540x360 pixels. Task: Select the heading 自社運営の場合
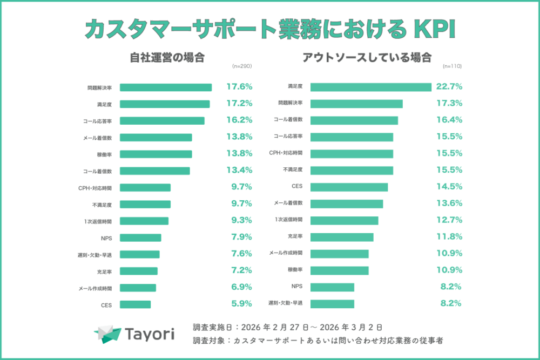click(x=167, y=58)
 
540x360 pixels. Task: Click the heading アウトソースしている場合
click(x=367, y=58)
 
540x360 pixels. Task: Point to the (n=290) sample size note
click(x=242, y=66)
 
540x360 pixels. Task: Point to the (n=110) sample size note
click(x=452, y=66)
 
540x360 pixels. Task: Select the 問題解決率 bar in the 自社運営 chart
click(x=165, y=87)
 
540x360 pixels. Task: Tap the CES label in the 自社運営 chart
click(x=106, y=305)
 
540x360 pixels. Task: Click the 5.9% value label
click(x=239, y=304)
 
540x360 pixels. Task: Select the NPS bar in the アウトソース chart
click(x=332, y=287)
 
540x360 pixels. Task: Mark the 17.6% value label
click(x=239, y=87)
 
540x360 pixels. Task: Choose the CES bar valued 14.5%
click(x=349, y=187)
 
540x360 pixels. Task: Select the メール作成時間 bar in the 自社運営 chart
click(x=138, y=288)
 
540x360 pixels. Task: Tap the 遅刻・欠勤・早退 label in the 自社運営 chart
click(x=95, y=255)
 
